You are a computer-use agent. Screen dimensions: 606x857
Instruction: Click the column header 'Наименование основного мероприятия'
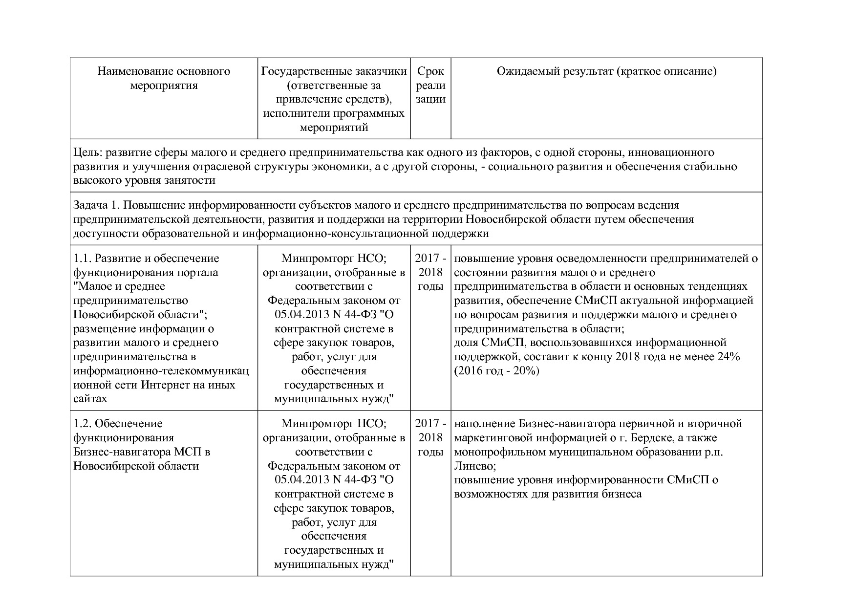pyautogui.click(x=164, y=78)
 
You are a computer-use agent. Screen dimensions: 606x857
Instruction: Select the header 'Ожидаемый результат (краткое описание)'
pyautogui.click(x=606, y=71)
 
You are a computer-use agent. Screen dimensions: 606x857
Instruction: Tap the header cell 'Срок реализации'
pyautogui.click(x=430, y=86)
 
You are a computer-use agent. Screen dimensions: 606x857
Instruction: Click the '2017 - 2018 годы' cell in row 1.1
pyautogui.click(x=430, y=272)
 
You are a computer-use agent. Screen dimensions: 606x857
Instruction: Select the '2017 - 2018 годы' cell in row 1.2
pyautogui.click(x=430, y=437)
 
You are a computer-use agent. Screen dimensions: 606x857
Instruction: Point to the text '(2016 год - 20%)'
pyautogui.click(x=497, y=370)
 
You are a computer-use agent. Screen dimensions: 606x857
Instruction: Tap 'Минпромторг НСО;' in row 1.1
pyautogui.click(x=334, y=258)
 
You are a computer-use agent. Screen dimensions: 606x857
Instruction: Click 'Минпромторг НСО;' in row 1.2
pyautogui.click(x=334, y=423)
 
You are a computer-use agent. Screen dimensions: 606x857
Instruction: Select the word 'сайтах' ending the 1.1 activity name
pyautogui.click(x=90, y=398)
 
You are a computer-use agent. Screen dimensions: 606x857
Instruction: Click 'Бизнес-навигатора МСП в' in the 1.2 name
pyautogui.click(x=142, y=452)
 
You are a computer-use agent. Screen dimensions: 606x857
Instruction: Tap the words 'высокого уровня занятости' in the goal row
pyautogui.click(x=144, y=180)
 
